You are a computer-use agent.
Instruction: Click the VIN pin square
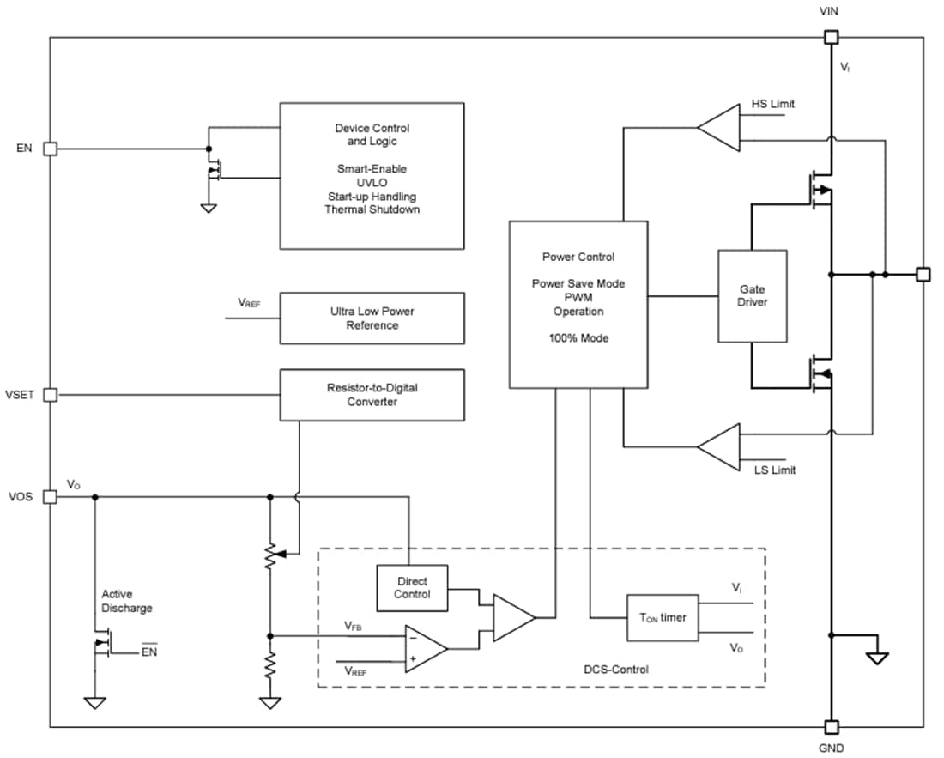pyautogui.click(x=830, y=37)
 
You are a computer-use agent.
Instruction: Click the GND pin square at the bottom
pyautogui.click(x=830, y=728)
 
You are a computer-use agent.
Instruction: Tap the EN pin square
pyautogui.click(x=50, y=149)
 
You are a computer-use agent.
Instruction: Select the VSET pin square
pyautogui.click(x=50, y=395)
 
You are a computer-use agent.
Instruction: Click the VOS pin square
pyautogui.click(x=50, y=496)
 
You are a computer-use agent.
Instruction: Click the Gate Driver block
pyautogui.click(x=752, y=295)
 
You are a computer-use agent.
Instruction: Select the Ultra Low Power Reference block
pyautogui.click(x=372, y=318)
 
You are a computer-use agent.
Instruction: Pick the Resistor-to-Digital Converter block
pyautogui.click(x=372, y=395)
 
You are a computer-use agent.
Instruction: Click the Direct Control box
pyautogui.click(x=412, y=588)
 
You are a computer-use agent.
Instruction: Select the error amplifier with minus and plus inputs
pyautogui.click(x=425, y=648)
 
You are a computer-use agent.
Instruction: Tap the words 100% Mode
pyautogui.click(x=578, y=338)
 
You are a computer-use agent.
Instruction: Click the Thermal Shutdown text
pyautogui.click(x=372, y=209)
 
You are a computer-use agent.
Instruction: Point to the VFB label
pyautogui.click(x=353, y=628)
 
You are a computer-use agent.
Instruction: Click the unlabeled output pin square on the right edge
pyautogui.click(x=923, y=275)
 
